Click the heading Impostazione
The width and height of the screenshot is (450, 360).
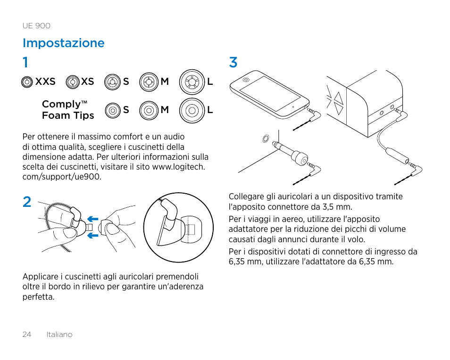click(64, 43)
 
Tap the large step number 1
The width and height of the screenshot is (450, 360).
click(25, 62)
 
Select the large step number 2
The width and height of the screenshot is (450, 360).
click(27, 202)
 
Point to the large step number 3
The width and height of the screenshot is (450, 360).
click(233, 62)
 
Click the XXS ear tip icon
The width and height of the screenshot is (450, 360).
click(27, 82)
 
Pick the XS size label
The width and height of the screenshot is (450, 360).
click(87, 82)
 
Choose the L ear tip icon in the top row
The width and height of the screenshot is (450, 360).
click(192, 82)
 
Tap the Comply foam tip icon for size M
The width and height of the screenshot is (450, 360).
click(149, 110)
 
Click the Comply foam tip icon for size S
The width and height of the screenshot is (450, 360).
click(112, 110)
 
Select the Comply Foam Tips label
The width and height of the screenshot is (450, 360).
click(67, 110)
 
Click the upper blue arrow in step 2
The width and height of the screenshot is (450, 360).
click(92, 219)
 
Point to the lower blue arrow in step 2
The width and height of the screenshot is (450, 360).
click(92, 235)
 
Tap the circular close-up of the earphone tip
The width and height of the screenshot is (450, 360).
click(178, 228)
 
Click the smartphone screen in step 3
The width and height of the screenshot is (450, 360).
click(268, 95)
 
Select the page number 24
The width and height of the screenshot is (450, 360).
click(26, 335)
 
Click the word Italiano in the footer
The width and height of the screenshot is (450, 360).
click(59, 335)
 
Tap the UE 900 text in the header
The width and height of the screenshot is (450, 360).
click(36, 26)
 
